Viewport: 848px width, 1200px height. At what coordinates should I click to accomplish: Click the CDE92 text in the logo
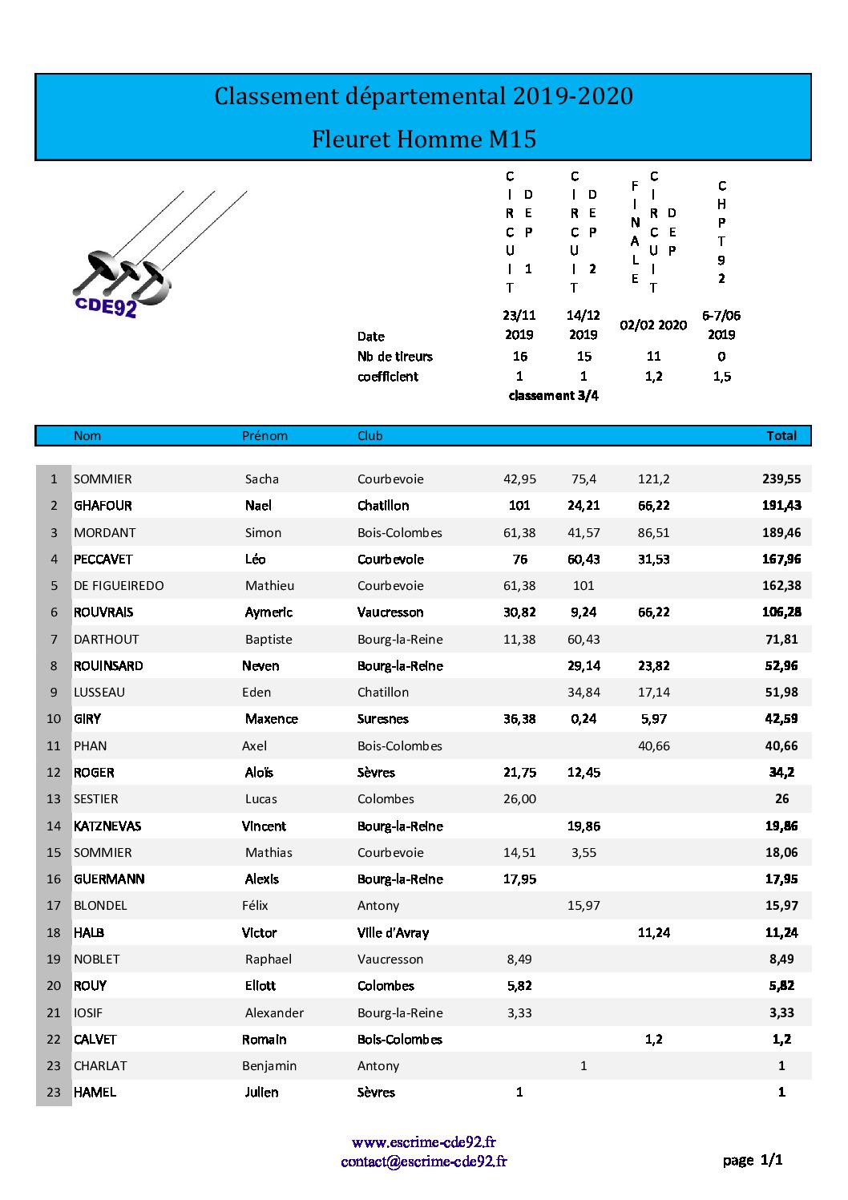[x=105, y=306]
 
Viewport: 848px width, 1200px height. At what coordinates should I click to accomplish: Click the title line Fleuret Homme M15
[x=423, y=139]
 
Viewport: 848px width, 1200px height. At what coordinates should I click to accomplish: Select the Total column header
[x=781, y=436]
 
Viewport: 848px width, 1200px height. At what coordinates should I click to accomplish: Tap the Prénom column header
[x=264, y=436]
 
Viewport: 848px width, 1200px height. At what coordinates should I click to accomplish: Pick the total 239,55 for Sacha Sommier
[x=781, y=479]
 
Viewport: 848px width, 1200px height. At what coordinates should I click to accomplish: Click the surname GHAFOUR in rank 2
[x=103, y=506]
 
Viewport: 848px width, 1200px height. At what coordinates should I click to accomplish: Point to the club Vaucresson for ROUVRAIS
[x=390, y=612]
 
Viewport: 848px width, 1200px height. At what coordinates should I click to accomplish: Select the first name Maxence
[x=271, y=719]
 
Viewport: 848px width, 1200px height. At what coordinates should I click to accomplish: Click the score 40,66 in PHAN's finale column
[x=653, y=746]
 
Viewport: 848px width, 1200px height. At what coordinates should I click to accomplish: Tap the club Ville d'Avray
[x=393, y=933]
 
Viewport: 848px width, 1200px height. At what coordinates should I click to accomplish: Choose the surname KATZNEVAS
[x=107, y=826]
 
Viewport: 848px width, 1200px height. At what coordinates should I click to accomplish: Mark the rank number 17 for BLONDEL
[x=54, y=906]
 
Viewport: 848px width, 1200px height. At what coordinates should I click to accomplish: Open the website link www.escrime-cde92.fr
[x=423, y=1142]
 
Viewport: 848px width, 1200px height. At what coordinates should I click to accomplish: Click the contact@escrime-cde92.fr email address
[x=423, y=1162]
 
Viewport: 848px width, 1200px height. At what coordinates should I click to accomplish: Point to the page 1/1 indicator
[x=752, y=1160]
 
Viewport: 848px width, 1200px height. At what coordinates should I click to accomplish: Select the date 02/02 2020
[x=653, y=325]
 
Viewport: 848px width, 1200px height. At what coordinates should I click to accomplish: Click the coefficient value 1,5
[x=721, y=377]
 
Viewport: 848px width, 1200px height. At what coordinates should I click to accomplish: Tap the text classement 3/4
[x=553, y=396]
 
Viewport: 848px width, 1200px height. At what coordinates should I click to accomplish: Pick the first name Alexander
[x=274, y=1013]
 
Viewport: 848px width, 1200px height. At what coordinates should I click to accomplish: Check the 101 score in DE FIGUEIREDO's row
[x=584, y=586]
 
